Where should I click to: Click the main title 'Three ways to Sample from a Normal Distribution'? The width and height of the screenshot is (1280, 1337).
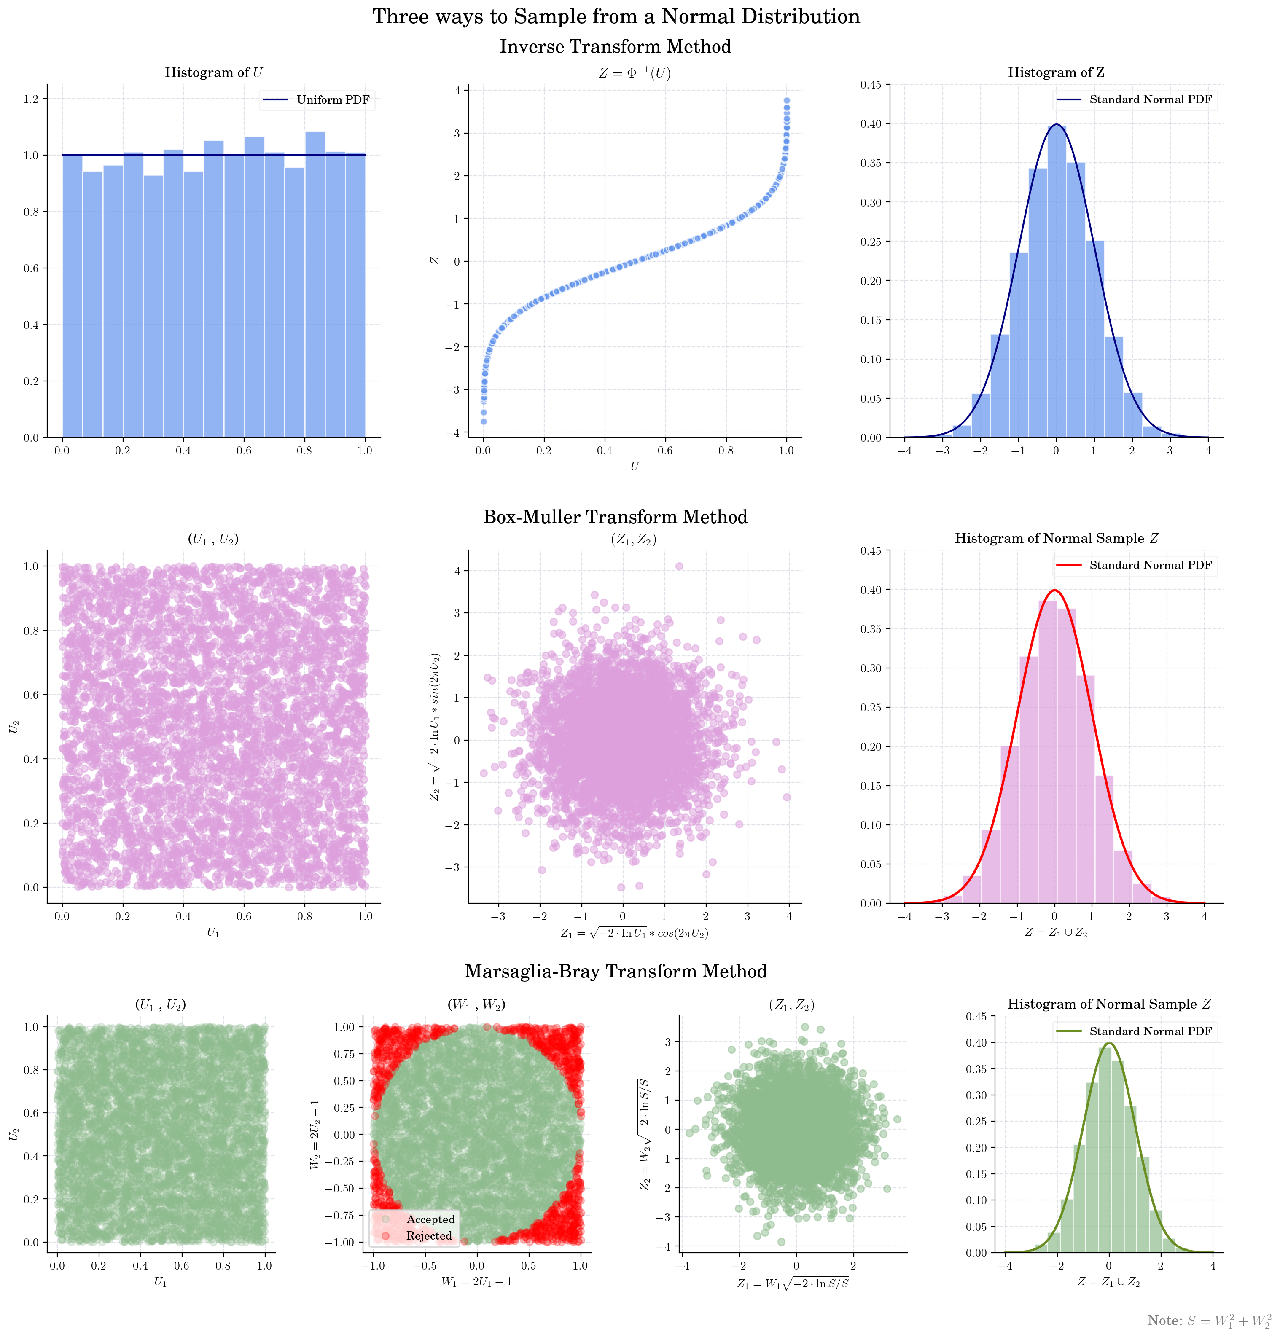pyautogui.click(x=616, y=16)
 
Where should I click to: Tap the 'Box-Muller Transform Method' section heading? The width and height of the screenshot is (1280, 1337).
pyautogui.click(x=616, y=516)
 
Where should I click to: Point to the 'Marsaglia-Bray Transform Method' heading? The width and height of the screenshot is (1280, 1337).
pyautogui.click(x=616, y=972)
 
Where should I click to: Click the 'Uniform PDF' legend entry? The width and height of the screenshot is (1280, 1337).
pyautogui.click(x=332, y=99)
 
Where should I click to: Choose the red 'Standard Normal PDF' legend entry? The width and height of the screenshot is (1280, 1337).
pyautogui.click(x=1150, y=566)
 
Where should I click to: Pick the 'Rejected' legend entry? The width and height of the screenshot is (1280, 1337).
pyautogui.click(x=428, y=1235)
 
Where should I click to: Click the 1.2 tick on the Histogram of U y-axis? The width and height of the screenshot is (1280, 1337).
pyautogui.click(x=31, y=99)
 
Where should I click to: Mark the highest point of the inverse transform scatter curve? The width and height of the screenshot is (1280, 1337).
pyautogui.click(x=787, y=100)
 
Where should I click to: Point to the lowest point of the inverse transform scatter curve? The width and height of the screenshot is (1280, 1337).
pyautogui.click(x=484, y=422)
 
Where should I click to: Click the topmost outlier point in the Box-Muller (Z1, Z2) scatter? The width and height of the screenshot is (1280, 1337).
pyautogui.click(x=679, y=566)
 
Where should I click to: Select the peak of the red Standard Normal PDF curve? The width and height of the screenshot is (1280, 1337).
pyautogui.click(x=1055, y=590)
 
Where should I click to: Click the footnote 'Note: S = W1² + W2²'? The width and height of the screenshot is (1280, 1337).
pyautogui.click(x=1209, y=1321)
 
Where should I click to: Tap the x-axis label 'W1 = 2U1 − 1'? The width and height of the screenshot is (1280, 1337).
pyautogui.click(x=476, y=1282)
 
